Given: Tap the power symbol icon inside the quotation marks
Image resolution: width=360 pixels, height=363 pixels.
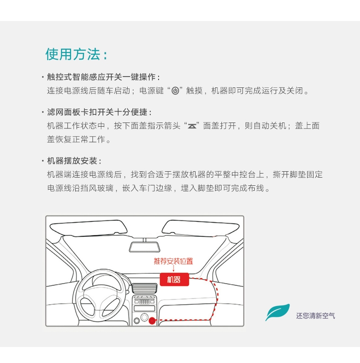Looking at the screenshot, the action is tap(175, 91).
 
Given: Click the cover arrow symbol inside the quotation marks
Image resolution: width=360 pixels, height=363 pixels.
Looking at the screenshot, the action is tap(192, 127).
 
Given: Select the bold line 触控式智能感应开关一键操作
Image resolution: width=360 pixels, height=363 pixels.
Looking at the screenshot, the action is tap(101, 77).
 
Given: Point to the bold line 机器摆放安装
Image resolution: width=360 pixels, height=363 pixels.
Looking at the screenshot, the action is tap(72, 161).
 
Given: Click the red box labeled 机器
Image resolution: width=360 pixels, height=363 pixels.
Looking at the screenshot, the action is tap(174, 280).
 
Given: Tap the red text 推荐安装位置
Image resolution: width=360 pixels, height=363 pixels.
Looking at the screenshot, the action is tap(173, 261).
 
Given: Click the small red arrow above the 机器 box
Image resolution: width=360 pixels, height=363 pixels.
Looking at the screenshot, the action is tap(174, 269).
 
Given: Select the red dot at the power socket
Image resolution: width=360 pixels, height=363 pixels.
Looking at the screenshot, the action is tap(152, 321).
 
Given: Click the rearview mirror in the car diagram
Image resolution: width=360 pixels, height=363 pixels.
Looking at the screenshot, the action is tap(145, 247).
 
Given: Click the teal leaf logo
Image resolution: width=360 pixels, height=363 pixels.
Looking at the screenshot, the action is tap(278, 312).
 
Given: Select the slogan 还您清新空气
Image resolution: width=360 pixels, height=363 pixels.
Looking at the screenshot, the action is tap(315, 316).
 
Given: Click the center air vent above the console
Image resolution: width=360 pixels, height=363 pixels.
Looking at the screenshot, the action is tap(144, 288).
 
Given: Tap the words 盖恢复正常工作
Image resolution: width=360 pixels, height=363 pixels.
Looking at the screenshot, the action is tap(76, 139).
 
